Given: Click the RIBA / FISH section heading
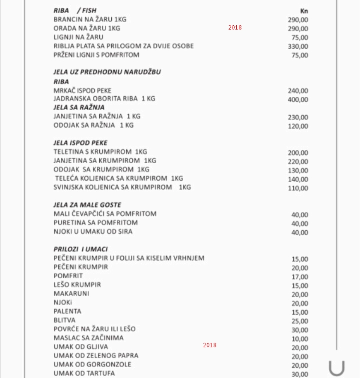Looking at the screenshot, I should tap(75, 11).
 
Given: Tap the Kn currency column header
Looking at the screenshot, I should tap(304, 11).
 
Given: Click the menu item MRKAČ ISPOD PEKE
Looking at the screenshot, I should tap(83, 90).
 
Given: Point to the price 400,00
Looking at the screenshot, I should tap(298, 100).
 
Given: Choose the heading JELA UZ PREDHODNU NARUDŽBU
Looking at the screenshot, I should tap(107, 72).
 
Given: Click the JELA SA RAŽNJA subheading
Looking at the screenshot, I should tap(79, 107).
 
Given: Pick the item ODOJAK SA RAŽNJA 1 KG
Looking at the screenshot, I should tap(94, 125).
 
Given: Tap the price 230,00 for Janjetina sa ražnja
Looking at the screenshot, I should tap(298, 117).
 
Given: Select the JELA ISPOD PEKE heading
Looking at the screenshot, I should tap(80, 143).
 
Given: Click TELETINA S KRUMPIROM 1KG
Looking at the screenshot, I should tap(100, 152).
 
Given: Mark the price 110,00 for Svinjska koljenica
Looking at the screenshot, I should tap(298, 188).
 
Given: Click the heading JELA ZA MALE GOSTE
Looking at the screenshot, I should tap(87, 205).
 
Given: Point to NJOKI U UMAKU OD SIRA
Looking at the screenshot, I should tap(93, 232).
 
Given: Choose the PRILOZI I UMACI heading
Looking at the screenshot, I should tap(80, 249).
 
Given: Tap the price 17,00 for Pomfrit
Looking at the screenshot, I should tap(300, 277).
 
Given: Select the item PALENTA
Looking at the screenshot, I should tap(67, 311).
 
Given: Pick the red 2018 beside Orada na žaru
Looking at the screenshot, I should tap(235, 27).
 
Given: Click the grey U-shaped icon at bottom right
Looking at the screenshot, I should tap(336, 368).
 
